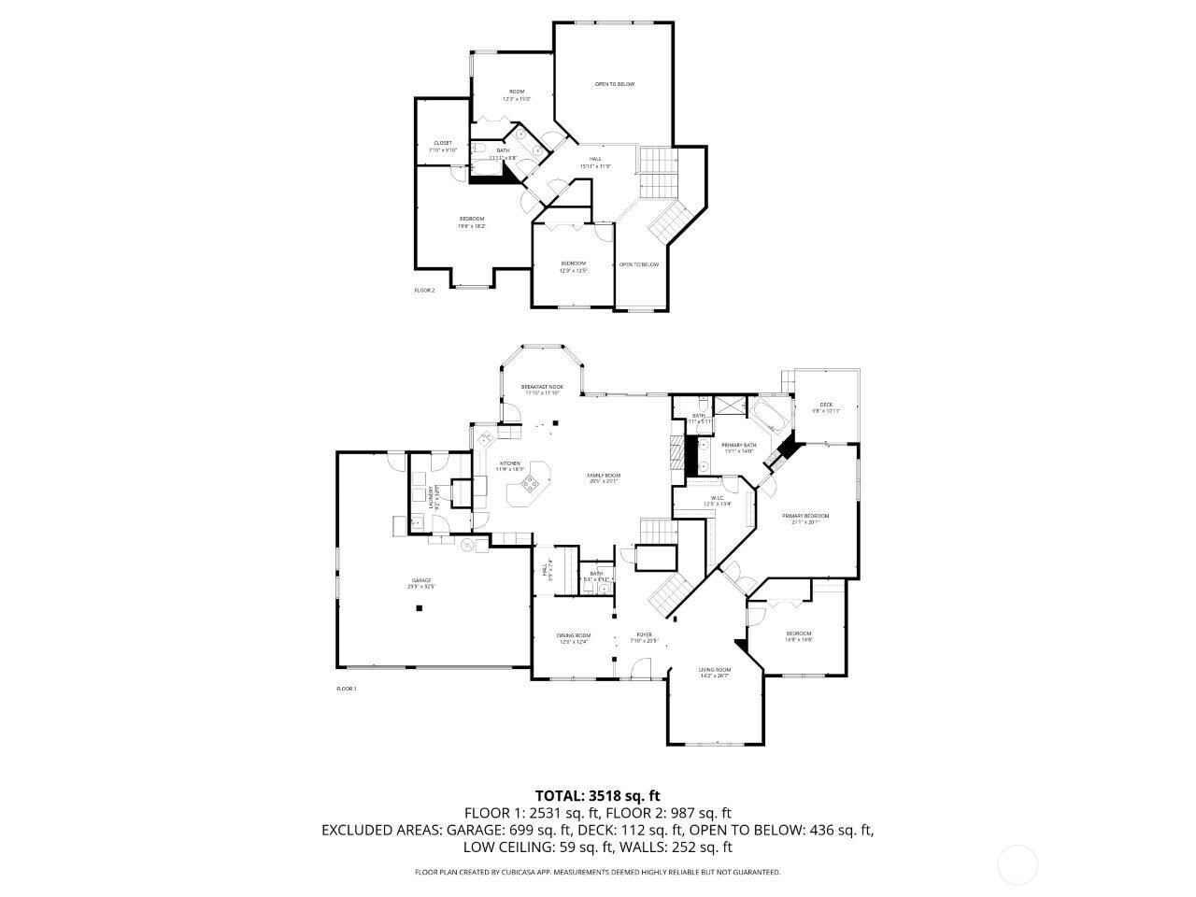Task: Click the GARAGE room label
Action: click(x=421, y=580)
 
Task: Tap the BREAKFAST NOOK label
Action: click(x=542, y=387)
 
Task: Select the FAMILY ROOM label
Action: click(x=604, y=475)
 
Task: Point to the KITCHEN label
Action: click(x=509, y=463)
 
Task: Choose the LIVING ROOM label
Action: click(x=715, y=670)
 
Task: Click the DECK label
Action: click(x=826, y=405)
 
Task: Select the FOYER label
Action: click(x=645, y=635)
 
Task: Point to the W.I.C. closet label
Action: click(x=718, y=498)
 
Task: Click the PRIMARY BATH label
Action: click(x=738, y=445)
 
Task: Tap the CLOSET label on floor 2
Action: click(x=443, y=143)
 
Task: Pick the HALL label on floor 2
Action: click(x=595, y=159)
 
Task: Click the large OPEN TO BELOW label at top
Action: click(x=615, y=84)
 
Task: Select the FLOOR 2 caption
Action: click(x=424, y=291)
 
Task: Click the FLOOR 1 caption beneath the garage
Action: click(x=346, y=689)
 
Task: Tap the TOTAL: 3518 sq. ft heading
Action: click(x=598, y=796)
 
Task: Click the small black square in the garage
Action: click(x=420, y=608)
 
